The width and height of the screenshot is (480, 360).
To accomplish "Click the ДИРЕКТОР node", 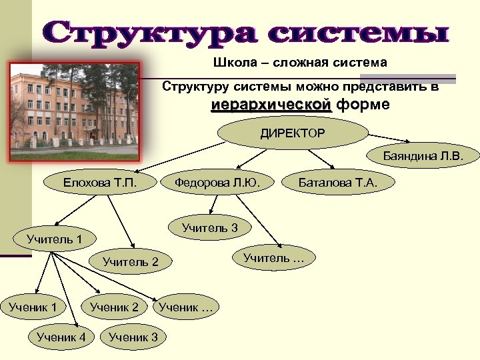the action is click(x=293, y=133).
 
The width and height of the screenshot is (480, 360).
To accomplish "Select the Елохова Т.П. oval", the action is click(x=100, y=182).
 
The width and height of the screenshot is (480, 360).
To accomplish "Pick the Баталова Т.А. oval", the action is click(x=338, y=182).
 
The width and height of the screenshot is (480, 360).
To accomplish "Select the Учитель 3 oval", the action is click(x=209, y=228).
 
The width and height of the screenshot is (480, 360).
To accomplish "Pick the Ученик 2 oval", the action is click(x=114, y=307).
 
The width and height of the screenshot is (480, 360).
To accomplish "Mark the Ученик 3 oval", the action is click(x=133, y=337).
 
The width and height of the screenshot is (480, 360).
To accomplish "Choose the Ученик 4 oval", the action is click(x=61, y=337).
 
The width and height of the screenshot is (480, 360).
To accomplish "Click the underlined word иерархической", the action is click(x=271, y=105).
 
